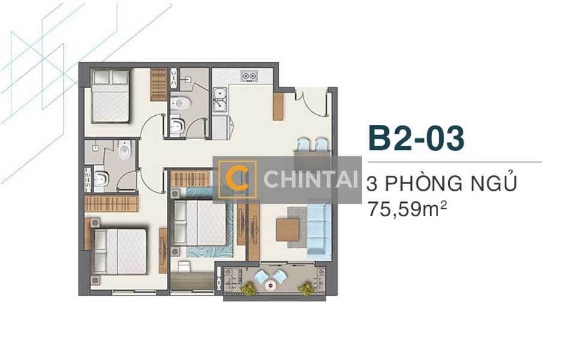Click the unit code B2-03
pyautogui.click(x=416, y=137)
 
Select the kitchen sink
pyautogui.click(x=220, y=100)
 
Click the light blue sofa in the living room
pyautogui.click(x=319, y=229)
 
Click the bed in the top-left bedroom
pyautogui.click(x=110, y=96)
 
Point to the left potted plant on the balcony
pyautogui.click(x=247, y=289)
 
